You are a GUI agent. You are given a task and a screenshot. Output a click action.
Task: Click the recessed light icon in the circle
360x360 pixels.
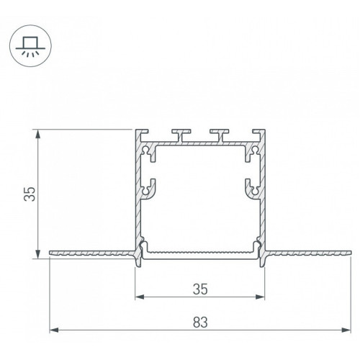click(30, 46)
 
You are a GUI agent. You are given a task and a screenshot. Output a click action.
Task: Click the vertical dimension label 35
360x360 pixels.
click(30, 194)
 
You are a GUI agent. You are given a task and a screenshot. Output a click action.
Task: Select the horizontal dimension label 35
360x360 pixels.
click(200, 289)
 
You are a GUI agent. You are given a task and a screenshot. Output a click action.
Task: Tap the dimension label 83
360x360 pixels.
click(200, 323)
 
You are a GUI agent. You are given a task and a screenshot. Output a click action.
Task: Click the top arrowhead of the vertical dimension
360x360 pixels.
click(37, 134)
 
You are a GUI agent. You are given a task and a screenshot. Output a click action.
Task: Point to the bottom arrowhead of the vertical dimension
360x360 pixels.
click(37, 254)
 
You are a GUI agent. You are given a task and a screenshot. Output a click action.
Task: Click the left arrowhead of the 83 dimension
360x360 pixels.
click(54, 330)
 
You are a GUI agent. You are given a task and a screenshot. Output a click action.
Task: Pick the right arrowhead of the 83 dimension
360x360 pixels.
click(346, 330)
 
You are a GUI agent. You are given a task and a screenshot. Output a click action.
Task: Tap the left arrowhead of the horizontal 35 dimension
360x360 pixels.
click(140, 297)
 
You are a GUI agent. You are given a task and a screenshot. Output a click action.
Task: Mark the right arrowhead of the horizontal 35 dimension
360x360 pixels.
click(260, 297)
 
